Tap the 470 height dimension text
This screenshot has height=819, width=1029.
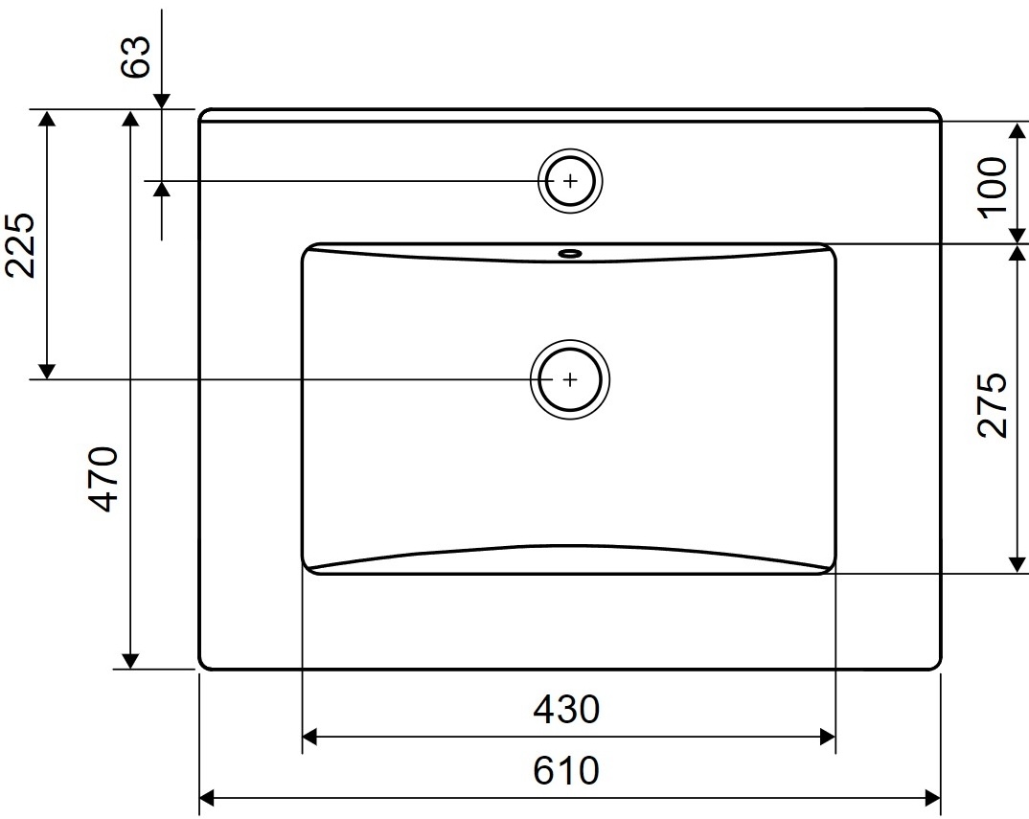(104, 479)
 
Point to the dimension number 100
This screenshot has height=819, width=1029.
(994, 185)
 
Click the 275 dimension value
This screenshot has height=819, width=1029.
(994, 404)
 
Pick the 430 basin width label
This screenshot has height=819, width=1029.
(566, 710)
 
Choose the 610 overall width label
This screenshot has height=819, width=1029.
(566, 770)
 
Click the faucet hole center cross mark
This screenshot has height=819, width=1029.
(571, 180)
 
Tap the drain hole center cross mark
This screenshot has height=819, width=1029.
(571, 379)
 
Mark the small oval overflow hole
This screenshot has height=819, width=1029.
(570, 254)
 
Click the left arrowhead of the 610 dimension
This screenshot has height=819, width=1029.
(206, 797)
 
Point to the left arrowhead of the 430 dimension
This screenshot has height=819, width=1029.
(309, 737)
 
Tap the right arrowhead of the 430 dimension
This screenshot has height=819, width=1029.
(828, 737)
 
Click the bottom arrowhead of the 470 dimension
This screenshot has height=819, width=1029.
(131, 661)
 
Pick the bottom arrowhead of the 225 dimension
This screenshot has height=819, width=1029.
(45, 372)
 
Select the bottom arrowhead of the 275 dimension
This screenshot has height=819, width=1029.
(1016, 565)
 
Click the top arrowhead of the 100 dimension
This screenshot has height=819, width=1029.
(1016, 130)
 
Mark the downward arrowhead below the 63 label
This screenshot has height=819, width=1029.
(161, 100)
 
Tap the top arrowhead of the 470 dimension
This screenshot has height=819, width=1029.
(131, 117)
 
